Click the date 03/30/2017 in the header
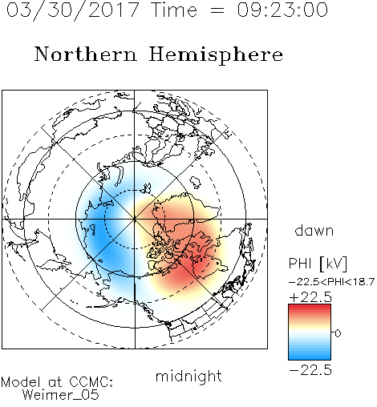(x=72, y=10)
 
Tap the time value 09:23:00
(x=282, y=10)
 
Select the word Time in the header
(x=174, y=10)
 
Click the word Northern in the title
(x=86, y=54)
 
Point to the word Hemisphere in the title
(x=216, y=55)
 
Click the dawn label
(x=314, y=230)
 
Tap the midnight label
(x=188, y=377)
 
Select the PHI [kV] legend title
(x=318, y=264)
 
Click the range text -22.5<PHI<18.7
(x=331, y=282)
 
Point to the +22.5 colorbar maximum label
(x=310, y=297)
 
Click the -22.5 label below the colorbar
(x=310, y=370)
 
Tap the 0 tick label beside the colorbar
(x=338, y=333)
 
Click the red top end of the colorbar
(x=310, y=306)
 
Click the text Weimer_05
(x=61, y=395)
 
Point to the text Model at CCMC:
(x=57, y=382)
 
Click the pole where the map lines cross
(x=135, y=219)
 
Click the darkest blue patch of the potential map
(x=99, y=230)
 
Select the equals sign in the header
(x=217, y=11)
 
